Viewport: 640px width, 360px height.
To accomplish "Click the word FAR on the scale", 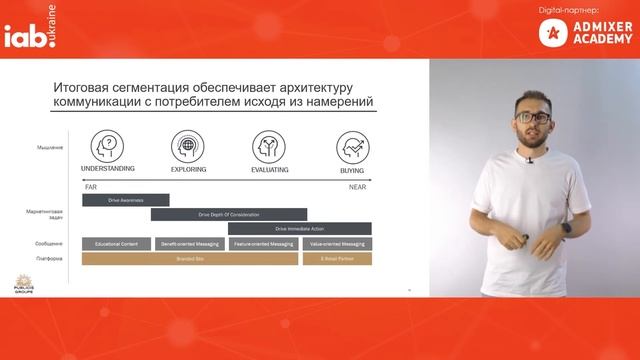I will click(x=90, y=187).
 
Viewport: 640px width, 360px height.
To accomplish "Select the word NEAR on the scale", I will click(x=357, y=187).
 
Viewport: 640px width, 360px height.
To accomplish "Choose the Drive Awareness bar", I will click(x=125, y=200).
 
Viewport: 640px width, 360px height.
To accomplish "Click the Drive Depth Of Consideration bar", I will click(x=229, y=214).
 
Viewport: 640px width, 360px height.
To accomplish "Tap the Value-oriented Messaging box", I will click(x=336, y=243).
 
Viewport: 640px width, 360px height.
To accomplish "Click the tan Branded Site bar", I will click(x=190, y=258).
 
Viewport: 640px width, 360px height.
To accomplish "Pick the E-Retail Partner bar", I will click(x=336, y=258).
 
